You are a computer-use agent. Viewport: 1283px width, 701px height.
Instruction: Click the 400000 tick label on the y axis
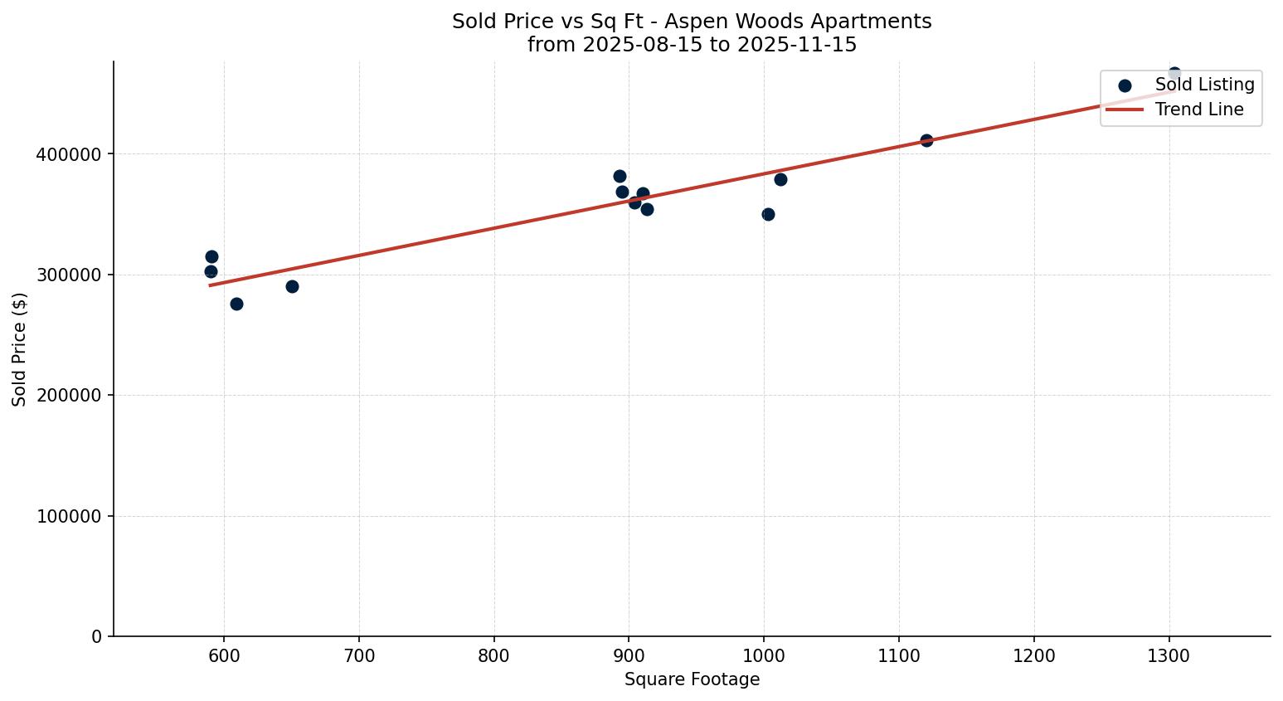point(69,154)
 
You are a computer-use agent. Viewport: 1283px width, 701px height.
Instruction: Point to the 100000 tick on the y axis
point(69,516)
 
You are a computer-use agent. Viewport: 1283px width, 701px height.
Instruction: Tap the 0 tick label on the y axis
point(97,636)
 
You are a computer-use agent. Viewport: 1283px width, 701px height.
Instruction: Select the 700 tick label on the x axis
point(359,656)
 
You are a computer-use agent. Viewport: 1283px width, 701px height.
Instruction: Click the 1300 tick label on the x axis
point(1169,656)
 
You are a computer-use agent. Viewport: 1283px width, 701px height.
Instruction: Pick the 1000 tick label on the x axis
point(764,656)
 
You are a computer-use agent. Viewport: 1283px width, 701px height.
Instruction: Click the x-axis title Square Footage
point(692,679)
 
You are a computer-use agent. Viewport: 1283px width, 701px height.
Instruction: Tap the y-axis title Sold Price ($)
point(20,349)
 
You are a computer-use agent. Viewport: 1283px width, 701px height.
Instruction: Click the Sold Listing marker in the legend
point(1125,85)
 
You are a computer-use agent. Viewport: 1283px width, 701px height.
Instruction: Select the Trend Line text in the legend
point(1199,110)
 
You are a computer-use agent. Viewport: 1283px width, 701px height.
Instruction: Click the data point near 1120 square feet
point(926,140)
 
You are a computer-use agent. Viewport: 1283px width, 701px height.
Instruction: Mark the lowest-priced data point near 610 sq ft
point(236,304)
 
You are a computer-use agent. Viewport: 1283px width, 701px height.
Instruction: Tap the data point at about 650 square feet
point(292,286)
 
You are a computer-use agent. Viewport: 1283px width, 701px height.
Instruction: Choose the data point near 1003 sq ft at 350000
point(768,214)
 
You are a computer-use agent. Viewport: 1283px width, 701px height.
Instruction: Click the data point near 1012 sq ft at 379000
point(780,179)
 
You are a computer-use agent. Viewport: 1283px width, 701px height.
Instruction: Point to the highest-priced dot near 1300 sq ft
point(1174,73)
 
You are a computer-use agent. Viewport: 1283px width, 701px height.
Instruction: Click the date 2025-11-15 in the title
point(804,45)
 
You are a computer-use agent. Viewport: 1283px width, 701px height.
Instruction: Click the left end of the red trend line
point(211,285)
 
